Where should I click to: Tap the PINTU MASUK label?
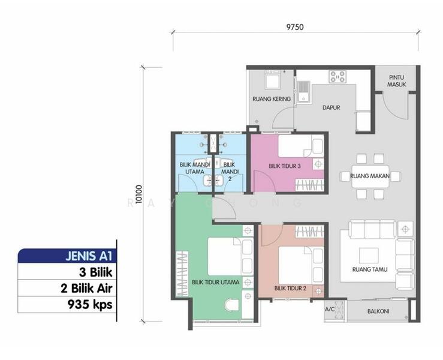click(397, 81)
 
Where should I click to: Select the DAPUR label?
click(331, 108)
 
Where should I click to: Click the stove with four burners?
click(338, 77)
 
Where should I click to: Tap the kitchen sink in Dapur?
click(305, 93)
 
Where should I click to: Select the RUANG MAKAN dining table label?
click(366, 176)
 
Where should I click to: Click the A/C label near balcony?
click(330, 310)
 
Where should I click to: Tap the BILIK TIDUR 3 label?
click(284, 166)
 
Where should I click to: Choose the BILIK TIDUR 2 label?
click(290, 288)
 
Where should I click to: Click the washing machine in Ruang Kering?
click(273, 80)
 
